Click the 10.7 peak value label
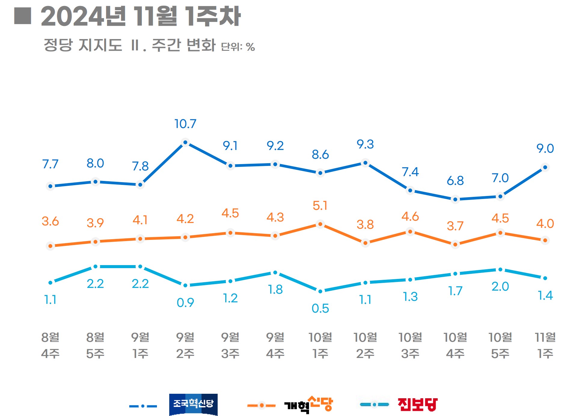185,124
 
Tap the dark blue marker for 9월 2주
185,142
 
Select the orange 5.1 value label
320,206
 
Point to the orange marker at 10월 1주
320,224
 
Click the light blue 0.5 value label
320,308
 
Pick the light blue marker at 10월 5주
500,270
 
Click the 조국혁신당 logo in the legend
193,404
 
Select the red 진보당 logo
417,404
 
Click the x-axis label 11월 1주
545,345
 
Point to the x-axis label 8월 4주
50,345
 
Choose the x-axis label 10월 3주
410,345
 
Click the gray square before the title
23,16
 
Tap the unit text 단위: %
238,47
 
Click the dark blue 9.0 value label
545,148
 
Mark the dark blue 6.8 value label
455,181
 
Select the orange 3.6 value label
50,222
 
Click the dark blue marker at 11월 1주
545,167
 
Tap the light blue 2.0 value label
500,286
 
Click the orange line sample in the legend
261,405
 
